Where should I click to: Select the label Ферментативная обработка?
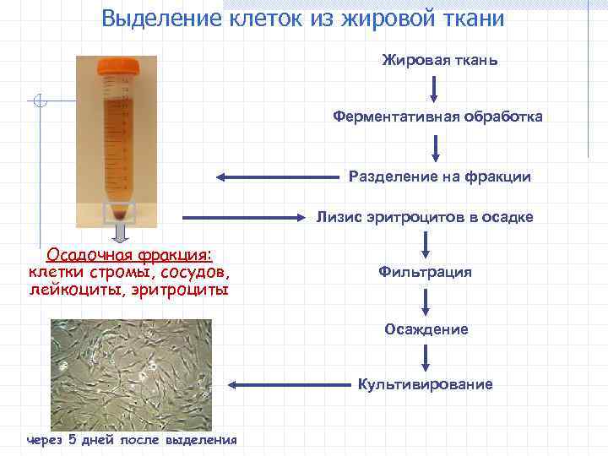(x=437, y=116)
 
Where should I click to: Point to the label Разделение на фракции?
(x=439, y=176)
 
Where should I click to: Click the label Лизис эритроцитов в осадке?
(x=425, y=217)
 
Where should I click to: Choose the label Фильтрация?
(x=425, y=272)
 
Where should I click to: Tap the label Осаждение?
(x=426, y=329)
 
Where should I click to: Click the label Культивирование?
(x=425, y=384)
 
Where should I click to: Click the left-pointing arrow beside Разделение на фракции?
(x=279, y=177)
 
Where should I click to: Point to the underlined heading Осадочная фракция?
(x=129, y=255)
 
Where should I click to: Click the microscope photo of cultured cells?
(x=130, y=375)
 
